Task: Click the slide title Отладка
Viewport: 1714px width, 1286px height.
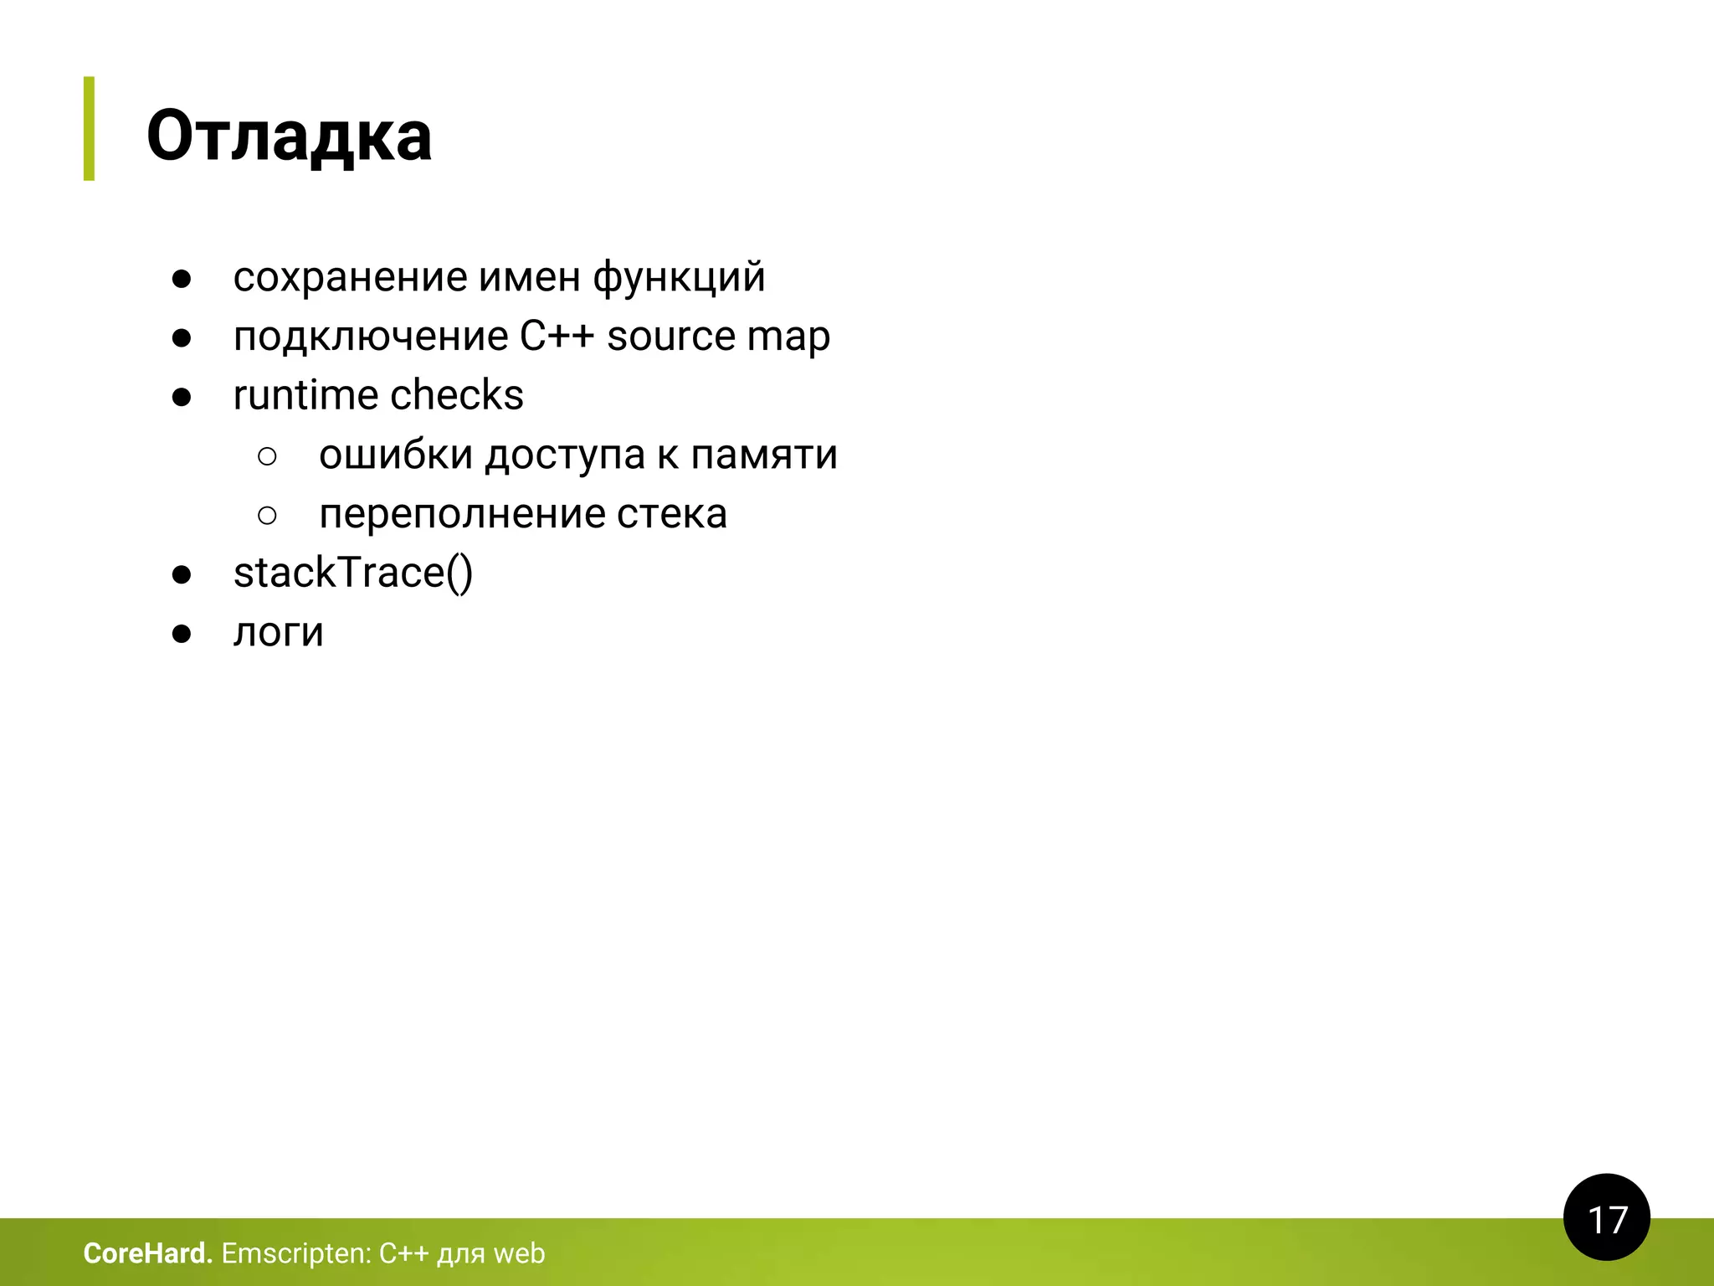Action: pyautogui.click(x=289, y=136)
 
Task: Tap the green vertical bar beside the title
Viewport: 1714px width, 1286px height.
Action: pyautogui.click(x=89, y=128)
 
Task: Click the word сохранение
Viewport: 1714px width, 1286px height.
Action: pyautogui.click(x=350, y=277)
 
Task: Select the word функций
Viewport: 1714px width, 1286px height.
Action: pyautogui.click(x=679, y=277)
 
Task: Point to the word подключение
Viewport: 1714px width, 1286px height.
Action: pyautogui.click(x=370, y=337)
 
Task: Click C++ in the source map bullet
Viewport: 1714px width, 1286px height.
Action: pyautogui.click(x=557, y=337)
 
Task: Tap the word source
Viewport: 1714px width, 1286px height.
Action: pyautogui.click(x=671, y=337)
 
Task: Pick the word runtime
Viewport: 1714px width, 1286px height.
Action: pyautogui.click(x=305, y=395)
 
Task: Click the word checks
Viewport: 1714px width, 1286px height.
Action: pyautogui.click(x=457, y=395)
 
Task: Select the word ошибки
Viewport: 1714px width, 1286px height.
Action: pyautogui.click(x=396, y=455)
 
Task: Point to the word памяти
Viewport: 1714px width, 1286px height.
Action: pyautogui.click(x=764, y=455)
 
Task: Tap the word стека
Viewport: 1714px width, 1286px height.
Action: pyautogui.click(x=672, y=514)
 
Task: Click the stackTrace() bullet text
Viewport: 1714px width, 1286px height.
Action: pyautogui.click(x=353, y=574)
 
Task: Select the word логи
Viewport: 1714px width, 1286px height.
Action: pyautogui.click(x=278, y=632)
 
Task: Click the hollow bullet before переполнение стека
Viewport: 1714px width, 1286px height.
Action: pyautogui.click(x=268, y=515)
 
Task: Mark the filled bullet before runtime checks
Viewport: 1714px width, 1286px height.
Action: pyautogui.click(x=182, y=397)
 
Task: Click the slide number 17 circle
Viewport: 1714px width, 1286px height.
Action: pyautogui.click(x=1606, y=1218)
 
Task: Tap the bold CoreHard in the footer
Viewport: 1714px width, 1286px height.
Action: pyautogui.click(x=147, y=1253)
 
